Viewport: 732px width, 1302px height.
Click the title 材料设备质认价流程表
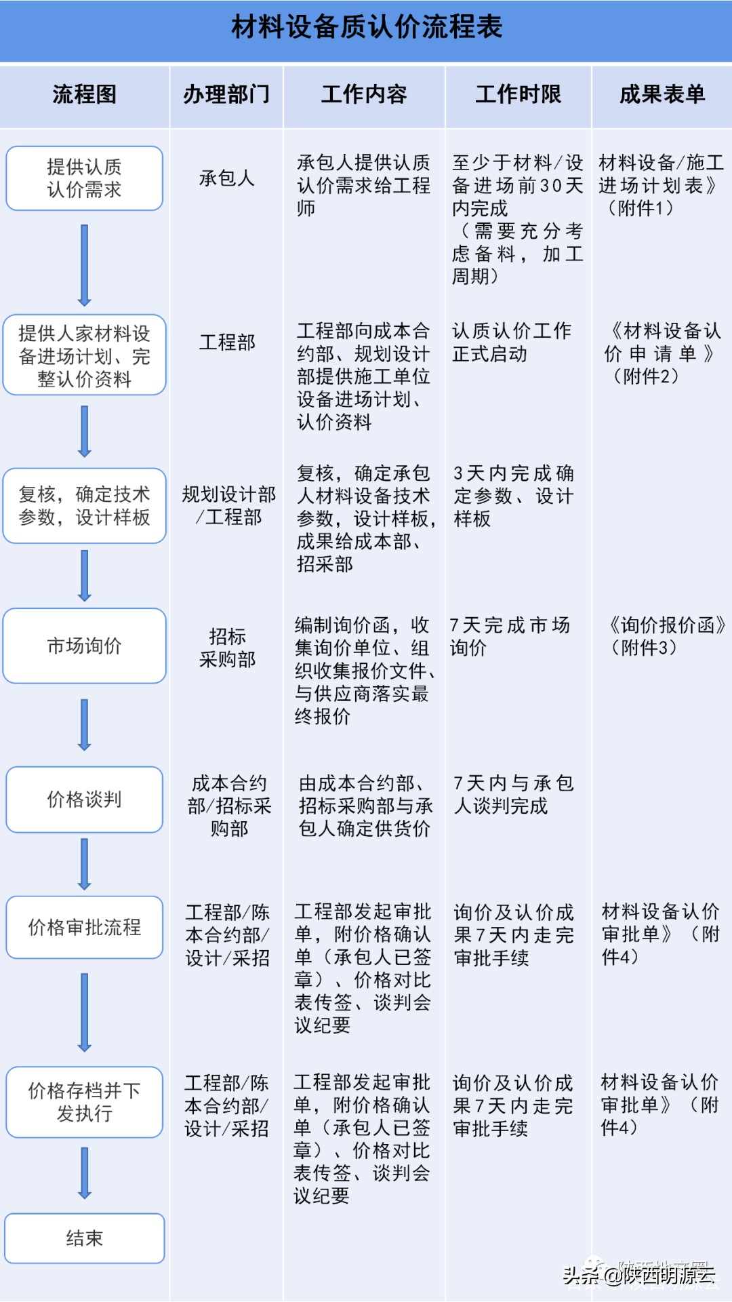(367, 27)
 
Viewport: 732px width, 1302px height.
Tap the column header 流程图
(85, 94)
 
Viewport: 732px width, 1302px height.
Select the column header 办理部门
(226, 94)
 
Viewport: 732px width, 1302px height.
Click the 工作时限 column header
(518, 94)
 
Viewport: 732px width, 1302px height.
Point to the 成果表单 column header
(662, 94)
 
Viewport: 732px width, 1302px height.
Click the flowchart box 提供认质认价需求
(85, 178)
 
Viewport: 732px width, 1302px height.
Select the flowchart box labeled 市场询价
(85, 646)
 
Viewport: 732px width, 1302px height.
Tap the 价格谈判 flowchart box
(85, 800)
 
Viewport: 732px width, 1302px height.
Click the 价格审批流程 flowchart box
(85, 927)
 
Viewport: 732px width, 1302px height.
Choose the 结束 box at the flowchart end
(85, 1238)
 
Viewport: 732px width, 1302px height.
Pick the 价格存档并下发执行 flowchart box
(85, 1102)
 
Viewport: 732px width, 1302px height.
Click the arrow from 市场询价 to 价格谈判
(85, 725)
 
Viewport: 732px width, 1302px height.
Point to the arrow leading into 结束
(85, 1173)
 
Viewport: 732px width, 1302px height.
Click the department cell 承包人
(227, 178)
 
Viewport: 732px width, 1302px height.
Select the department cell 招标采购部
(227, 648)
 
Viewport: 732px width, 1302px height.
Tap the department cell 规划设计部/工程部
(229, 506)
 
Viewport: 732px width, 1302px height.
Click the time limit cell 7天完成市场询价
(510, 636)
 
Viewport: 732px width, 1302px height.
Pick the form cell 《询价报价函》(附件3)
(667, 636)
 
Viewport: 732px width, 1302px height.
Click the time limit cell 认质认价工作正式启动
(512, 342)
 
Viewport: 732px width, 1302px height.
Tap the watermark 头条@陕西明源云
(638, 1275)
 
